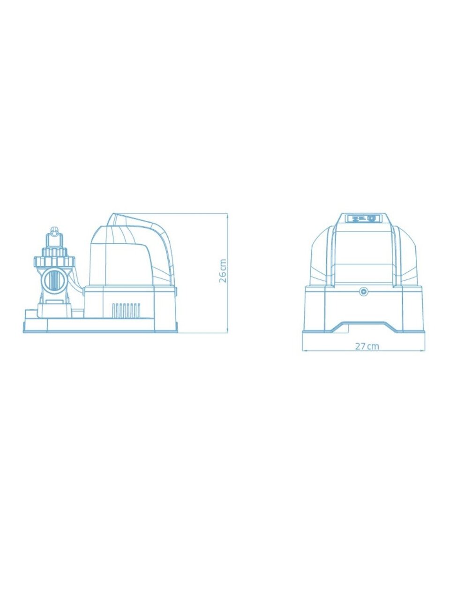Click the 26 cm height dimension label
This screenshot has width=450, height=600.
tap(223, 270)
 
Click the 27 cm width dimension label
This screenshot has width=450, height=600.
tap(367, 346)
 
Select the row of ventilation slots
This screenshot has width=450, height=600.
tap(126, 310)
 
